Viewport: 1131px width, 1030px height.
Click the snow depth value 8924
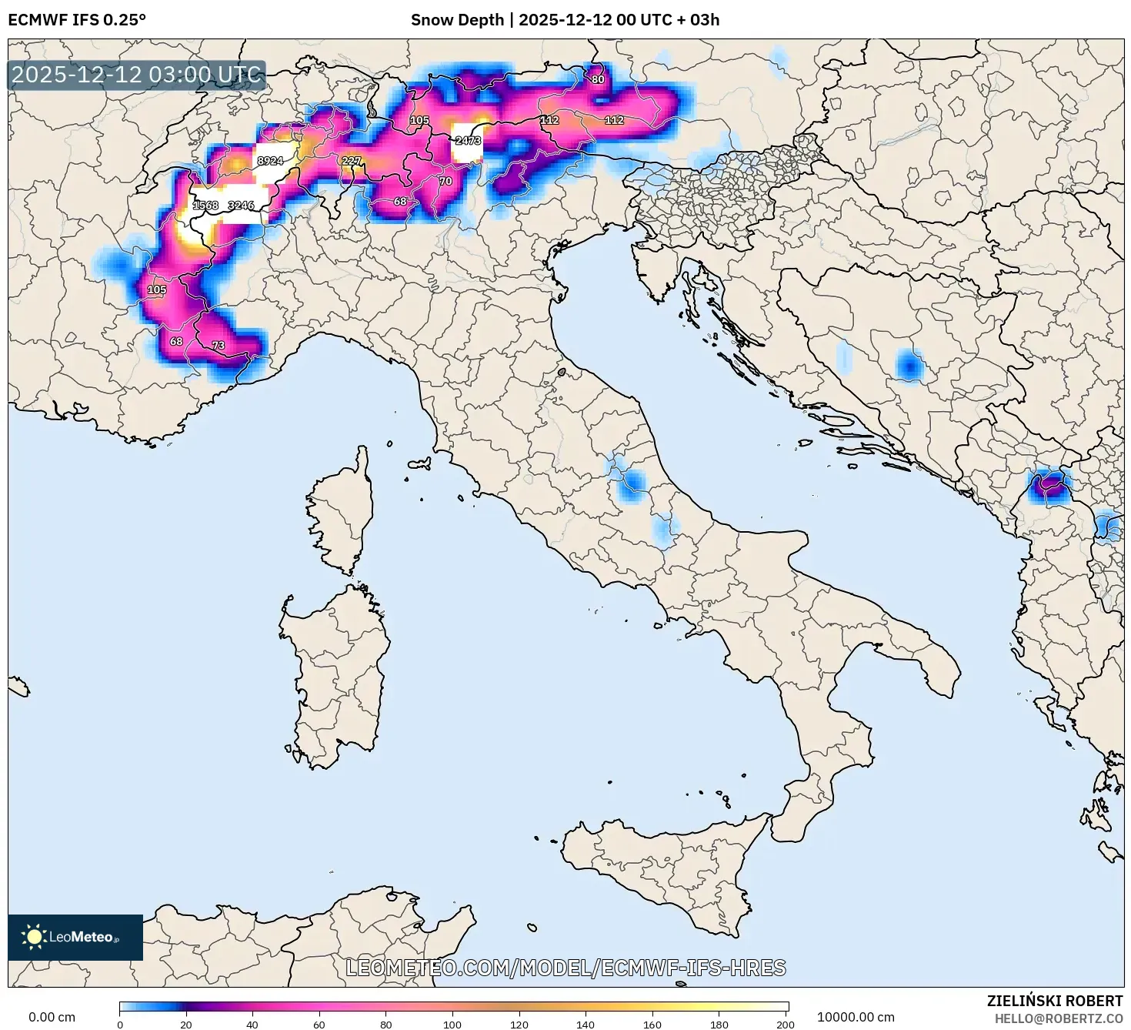270,161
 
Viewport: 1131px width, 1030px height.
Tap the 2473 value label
468,140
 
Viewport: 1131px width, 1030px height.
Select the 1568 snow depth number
205,206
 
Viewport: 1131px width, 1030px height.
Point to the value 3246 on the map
241,206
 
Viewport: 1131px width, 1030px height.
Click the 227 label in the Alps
351,161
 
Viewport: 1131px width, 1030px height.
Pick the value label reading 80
598,79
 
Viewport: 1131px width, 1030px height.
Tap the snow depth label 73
219,346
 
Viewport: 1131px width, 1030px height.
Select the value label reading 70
445,182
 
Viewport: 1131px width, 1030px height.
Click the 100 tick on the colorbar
452,1024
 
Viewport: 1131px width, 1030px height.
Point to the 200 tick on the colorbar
785,1024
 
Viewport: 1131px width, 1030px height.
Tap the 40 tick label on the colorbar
252,1024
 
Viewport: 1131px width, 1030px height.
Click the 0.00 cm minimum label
52,1017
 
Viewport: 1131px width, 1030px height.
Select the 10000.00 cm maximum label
856,1017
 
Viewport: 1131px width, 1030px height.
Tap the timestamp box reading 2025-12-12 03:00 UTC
137,75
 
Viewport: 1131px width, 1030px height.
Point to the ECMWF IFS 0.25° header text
77,20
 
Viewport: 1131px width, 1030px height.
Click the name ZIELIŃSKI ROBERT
1055,1001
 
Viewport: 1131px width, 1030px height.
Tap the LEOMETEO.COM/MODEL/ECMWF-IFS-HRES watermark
565,968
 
